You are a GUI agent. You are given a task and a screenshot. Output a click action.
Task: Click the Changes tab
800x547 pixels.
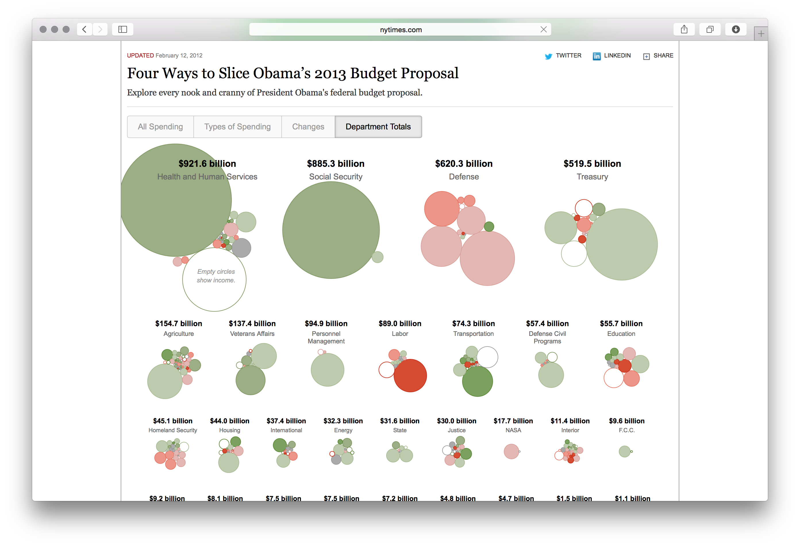click(308, 127)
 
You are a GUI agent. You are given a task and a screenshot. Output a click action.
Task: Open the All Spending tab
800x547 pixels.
click(160, 127)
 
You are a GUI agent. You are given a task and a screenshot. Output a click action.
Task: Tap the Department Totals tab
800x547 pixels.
click(378, 127)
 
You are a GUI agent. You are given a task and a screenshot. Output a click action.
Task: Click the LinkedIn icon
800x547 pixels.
click(597, 56)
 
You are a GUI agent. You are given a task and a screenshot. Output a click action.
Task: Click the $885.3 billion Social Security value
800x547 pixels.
click(335, 164)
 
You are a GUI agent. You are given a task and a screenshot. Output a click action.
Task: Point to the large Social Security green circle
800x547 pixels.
click(331, 230)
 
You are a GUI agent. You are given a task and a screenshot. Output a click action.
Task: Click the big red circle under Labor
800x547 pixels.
click(410, 376)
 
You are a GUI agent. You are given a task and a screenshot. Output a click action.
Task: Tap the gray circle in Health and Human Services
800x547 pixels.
click(241, 248)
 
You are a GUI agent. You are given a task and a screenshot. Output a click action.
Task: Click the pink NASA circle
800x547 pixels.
click(511, 451)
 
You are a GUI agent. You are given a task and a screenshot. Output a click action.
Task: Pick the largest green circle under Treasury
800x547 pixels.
click(622, 244)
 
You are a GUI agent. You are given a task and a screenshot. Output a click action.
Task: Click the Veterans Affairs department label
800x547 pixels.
click(252, 334)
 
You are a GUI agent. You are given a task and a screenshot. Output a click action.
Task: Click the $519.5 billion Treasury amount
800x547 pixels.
click(592, 164)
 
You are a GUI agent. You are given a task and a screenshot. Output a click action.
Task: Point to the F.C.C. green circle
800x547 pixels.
click(624, 451)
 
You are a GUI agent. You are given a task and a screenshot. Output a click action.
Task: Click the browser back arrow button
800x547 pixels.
click(84, 29)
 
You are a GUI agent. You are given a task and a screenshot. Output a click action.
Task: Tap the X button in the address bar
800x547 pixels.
click(544, 30)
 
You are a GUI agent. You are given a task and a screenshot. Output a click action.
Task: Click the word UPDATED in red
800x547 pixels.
click(140, 56)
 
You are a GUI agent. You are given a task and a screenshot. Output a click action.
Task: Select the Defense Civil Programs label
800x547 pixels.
click(547, 337)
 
